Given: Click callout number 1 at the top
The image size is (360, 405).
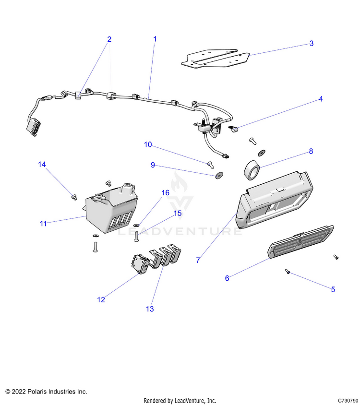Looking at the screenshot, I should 155,38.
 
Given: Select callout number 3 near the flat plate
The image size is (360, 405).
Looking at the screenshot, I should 311,43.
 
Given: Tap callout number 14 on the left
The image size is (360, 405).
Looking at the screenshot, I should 42,165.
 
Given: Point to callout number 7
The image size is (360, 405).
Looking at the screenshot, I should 198,260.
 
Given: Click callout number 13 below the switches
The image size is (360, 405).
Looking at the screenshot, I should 150,309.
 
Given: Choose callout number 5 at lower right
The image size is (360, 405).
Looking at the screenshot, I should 333,289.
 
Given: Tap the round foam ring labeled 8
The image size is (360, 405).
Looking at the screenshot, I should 252,170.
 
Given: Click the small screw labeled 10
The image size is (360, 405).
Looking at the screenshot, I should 210,164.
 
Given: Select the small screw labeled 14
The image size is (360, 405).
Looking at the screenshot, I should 74,196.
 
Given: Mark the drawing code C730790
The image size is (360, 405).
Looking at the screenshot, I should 348,400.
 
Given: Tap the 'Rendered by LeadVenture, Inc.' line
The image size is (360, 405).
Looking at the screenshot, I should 180,400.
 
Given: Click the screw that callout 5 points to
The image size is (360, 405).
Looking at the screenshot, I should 287,272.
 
